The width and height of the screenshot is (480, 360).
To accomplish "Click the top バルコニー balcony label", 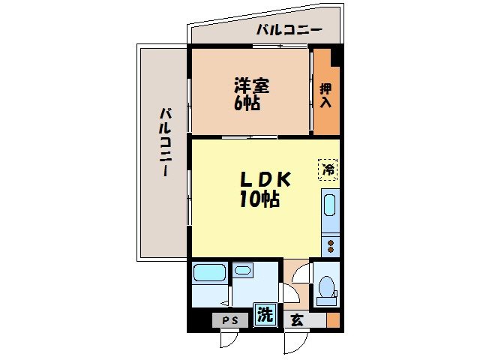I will pyautogui.click(x=289, y=31).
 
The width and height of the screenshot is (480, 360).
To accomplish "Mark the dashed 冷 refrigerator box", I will pyautogui.click(x=328, y=169).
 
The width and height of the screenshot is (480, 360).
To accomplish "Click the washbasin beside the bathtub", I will pyautogui.click(x=242, y=269).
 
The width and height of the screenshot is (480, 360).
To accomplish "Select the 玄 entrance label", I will pyautogui.click(x=297, y=320).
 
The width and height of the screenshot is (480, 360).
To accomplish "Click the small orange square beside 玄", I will pyautogui.click(x=333, y=321).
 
